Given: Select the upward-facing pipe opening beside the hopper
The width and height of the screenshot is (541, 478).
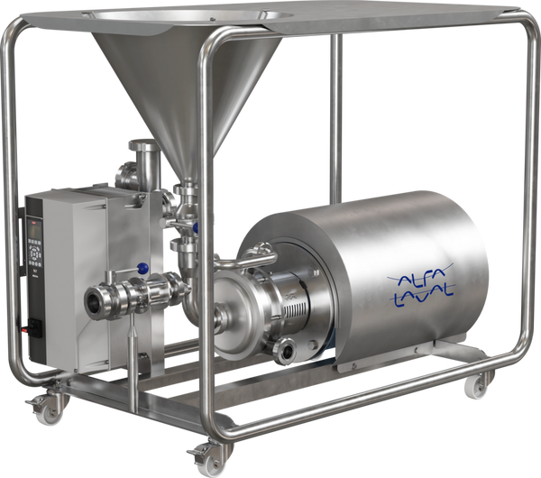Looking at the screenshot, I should coord(139,145).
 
